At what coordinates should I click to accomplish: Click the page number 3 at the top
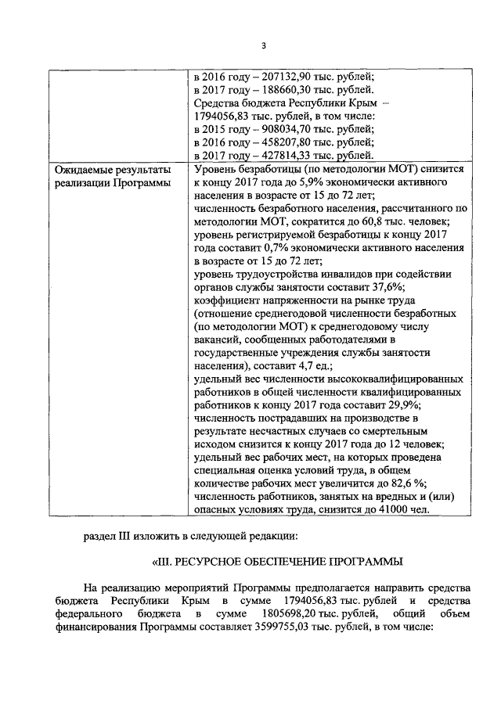click(x=264, y=45)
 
